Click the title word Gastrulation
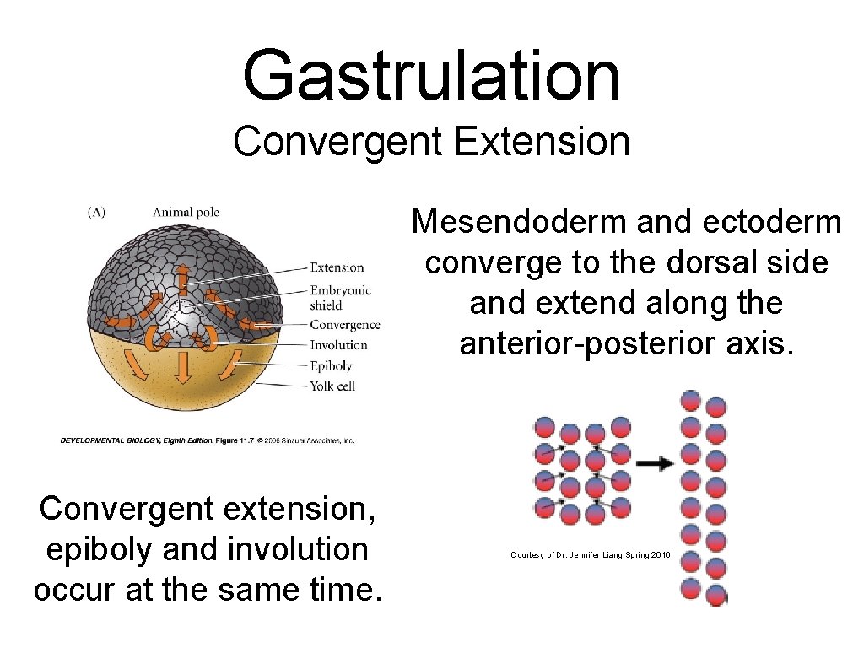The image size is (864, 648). (x=431, y=74)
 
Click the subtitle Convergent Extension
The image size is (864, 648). (x=431, y=141)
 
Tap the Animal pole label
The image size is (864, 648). (x=186, y=212)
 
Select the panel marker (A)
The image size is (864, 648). (x=96, y=212)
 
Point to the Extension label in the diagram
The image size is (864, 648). (x=337, y=267)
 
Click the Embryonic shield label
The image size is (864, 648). (x=340, y=298)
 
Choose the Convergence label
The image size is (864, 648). (x=344, y=325)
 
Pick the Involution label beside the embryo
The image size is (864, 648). (x=338, y=345)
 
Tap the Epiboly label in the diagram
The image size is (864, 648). (x=331, y=366)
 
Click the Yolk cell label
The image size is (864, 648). (x=332, y=386)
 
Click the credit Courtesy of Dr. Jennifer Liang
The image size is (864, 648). (x=590, y=554)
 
